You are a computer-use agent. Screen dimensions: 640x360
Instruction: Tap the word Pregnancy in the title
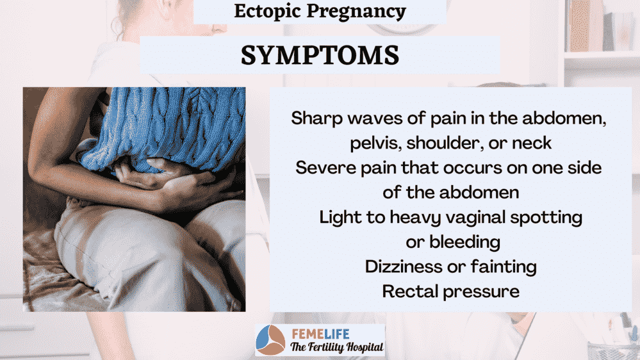point(356,11)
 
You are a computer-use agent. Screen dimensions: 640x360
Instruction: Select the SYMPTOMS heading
point(320,55)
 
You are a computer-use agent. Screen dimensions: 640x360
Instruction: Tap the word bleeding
point(465,242)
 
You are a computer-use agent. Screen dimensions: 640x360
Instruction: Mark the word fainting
point(504,267)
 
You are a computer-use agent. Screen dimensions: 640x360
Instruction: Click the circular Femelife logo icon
point(270,340)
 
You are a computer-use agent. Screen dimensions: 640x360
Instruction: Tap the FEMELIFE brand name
point(320,334)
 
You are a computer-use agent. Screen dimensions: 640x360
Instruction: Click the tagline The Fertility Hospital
point(337,347)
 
